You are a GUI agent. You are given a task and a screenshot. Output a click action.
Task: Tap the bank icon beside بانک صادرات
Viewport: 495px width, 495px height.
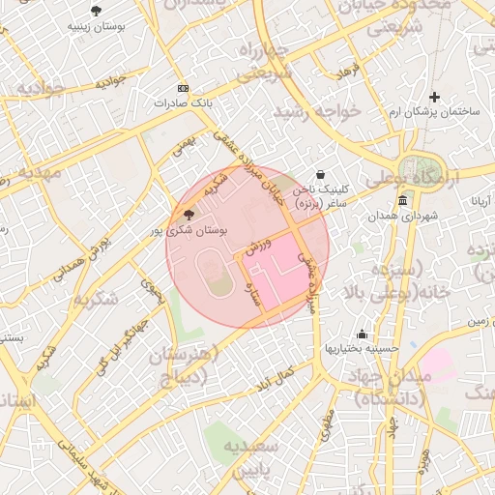coord(183,88)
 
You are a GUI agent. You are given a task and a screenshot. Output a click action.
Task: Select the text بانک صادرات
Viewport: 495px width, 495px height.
coord(183,102)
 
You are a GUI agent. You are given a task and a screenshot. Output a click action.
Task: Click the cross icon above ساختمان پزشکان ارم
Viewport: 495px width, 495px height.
coord(434,97)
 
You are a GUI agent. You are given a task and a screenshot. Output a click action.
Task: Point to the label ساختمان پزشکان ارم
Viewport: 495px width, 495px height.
coord(434,112)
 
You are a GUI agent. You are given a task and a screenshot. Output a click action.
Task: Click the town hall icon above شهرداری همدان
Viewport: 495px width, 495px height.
coord(402,200)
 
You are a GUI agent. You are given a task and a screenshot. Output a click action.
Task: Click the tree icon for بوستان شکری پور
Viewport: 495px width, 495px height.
coord(188,214)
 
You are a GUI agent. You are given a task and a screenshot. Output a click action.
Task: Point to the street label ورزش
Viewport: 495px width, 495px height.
coord(255,247)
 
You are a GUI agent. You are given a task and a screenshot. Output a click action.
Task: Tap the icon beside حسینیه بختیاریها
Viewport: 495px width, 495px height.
coord(363,333)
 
